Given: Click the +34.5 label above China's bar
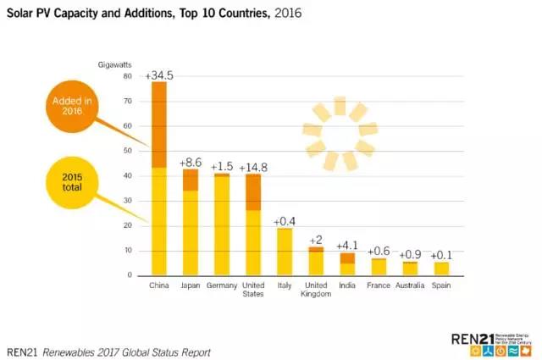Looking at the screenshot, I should pyautogui.click(x=159, y=75).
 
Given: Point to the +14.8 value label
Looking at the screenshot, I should pyautogui.click(x=253, y=167).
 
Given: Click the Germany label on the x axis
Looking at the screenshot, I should pyautogui.click(x=222, y=285).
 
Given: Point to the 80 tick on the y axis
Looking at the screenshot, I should pyautogui.click(x=128, y=76).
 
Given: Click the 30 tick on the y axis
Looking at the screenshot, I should pyautogui.click(x=128, y=201).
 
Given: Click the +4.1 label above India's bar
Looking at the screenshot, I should pyautogui.click(x=347, y=246).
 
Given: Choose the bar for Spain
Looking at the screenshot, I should pyautogui.click(x=440, y=269).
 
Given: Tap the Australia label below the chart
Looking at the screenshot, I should pyautogui.click(x=409, y=285).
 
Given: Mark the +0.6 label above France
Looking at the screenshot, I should pyautogui.click(x=378, y=252).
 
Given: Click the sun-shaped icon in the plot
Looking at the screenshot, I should pyautogui.click(x=340, y=134).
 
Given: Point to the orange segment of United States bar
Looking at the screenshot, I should pyautogui.click(x=252, y=192).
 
